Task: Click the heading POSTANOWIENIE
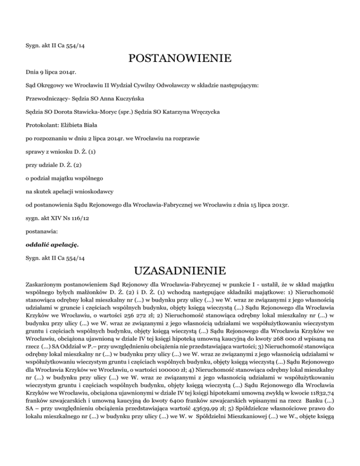tap(180, 59)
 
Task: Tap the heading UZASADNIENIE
tap(180, 270)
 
